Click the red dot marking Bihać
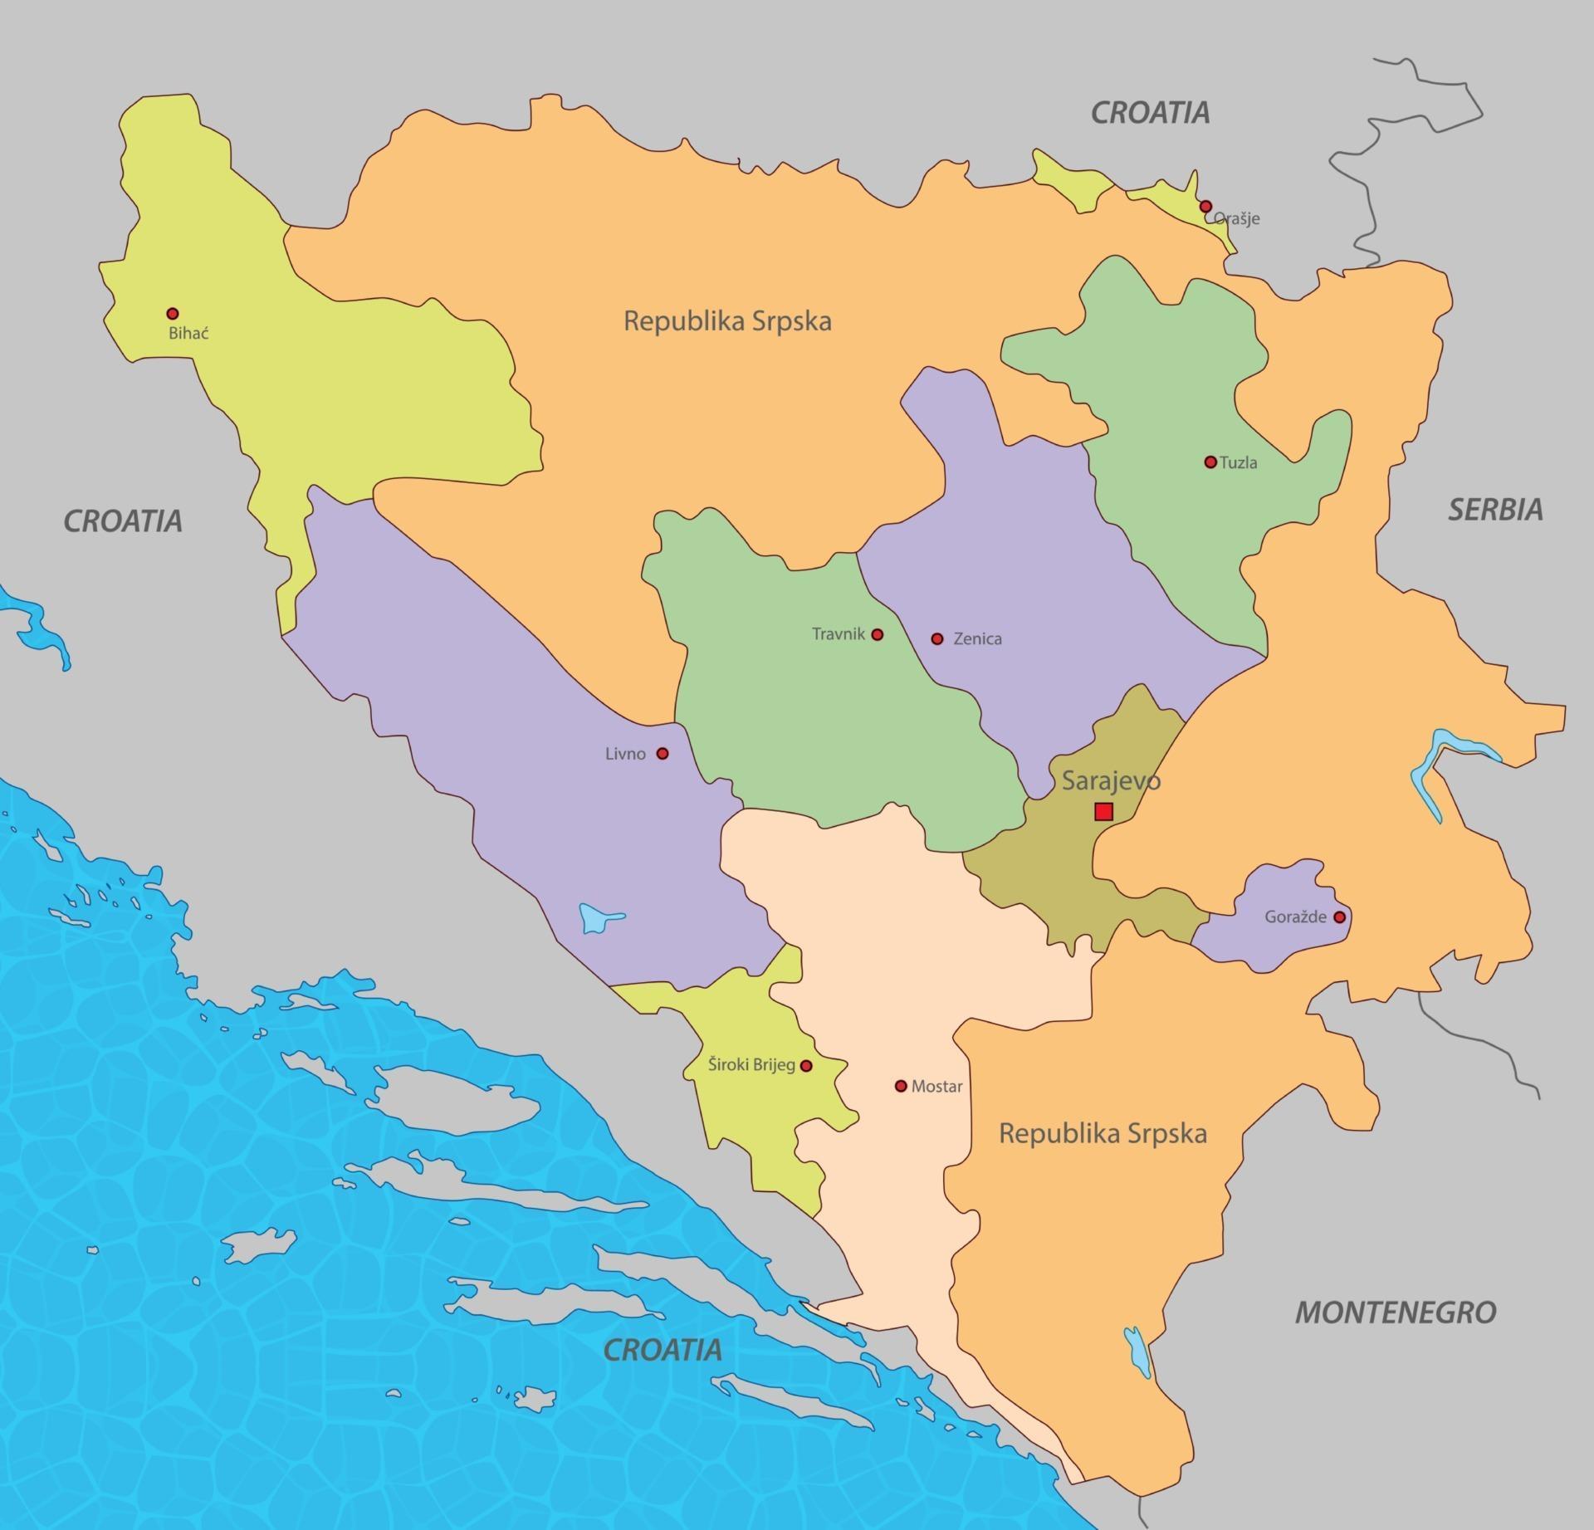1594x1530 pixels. [173, 314]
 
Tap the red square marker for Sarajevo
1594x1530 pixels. [1103, 811]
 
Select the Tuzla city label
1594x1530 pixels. [1238, 463]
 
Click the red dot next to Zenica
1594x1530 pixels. [937, 638]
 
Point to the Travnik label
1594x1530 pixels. [838, 634]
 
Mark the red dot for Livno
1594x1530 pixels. [663, 754]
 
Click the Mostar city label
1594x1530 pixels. [936, 1086]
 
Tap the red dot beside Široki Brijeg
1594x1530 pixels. [805, 1065]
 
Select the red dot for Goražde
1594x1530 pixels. [1339, 917]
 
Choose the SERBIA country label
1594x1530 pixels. [1495, 510]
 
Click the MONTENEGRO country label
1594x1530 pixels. [1396, 1312]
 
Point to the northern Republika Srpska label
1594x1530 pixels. [727, 321]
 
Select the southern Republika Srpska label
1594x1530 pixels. [1103, 1133]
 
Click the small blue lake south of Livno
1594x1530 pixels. [596, 918]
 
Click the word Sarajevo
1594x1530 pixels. [1111, 780]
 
